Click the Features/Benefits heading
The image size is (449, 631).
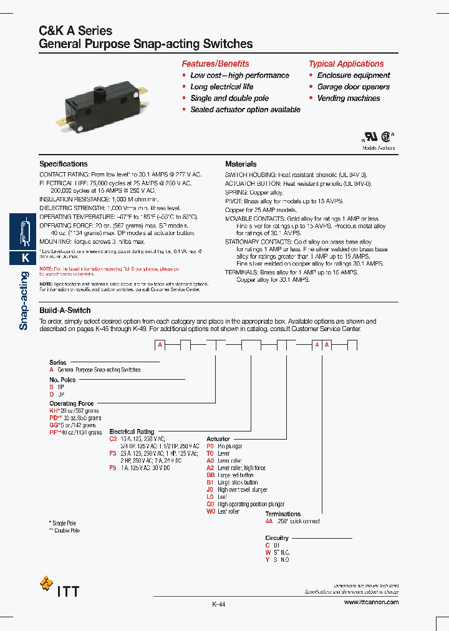coord(215,64)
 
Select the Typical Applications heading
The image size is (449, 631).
coord(346,64)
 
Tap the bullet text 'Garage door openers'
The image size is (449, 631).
coord(353,87)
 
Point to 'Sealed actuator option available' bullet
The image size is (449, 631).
coord(245,109)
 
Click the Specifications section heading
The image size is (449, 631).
coord(64,164)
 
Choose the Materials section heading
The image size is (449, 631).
coord(241,164)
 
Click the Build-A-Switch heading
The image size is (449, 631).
coord(65,310)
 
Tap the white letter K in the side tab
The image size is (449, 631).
coord(25,258)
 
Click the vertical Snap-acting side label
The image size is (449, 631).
coord(24,301)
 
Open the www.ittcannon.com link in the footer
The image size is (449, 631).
coord(371,602)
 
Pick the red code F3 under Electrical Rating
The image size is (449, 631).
coord(113,453)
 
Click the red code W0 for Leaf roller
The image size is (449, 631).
coord(210,511)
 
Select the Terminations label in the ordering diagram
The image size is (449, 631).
coord(282,514)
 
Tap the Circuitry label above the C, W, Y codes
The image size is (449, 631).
coord(277,537)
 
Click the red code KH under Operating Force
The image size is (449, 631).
coord(53,410)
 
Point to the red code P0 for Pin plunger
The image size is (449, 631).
coord(210,446)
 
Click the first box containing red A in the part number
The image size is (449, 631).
coord(160,345)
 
